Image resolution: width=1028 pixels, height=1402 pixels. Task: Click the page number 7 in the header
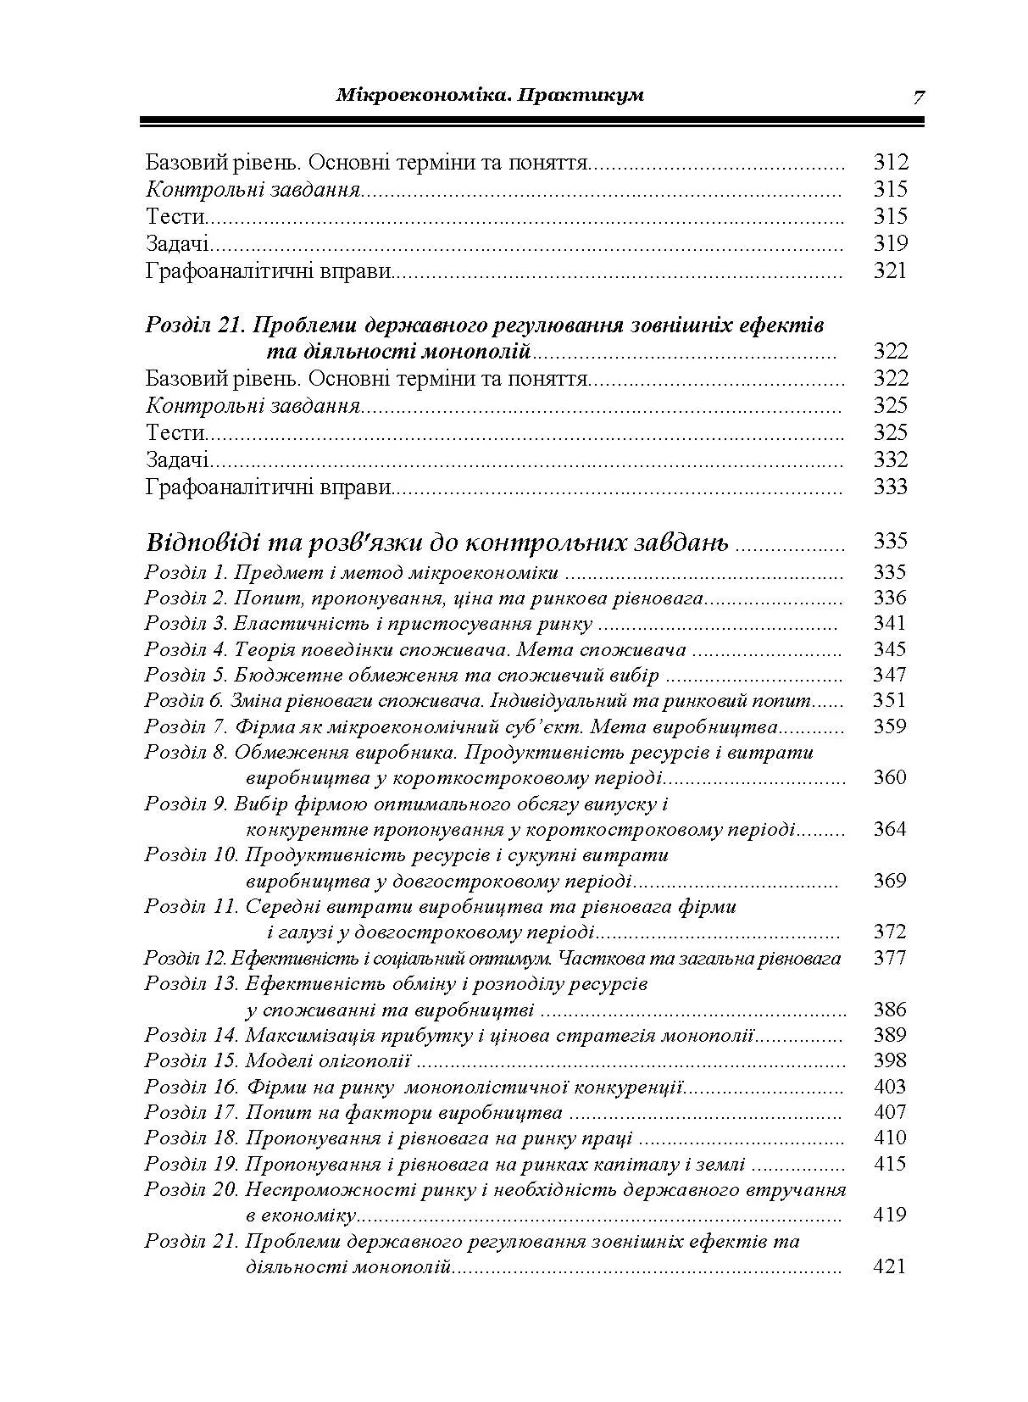coord(918,97)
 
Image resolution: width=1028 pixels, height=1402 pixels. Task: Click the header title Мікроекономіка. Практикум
coord(490,94)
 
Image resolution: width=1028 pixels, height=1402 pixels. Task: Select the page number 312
coord(890,161)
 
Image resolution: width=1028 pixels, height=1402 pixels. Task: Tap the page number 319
coord(890,243)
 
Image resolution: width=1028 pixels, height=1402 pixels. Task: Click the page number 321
coord(890,270)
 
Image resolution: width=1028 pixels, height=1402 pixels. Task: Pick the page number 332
coord(890,459)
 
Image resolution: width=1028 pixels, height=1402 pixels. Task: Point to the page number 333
coord(890,487)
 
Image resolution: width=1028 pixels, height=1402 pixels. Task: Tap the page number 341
coord(890,623)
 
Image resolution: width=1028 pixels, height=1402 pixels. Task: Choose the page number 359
coord(890,726)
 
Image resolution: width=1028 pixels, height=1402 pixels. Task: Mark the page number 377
coord(890,958)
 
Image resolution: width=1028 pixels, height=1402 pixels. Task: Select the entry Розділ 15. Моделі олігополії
coord(277,1061)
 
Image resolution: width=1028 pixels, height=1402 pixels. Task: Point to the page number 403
coord(890,1087)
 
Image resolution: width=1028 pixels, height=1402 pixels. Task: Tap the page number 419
coord(890,1215)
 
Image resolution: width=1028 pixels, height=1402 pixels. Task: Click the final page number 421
coord(890,1266)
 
